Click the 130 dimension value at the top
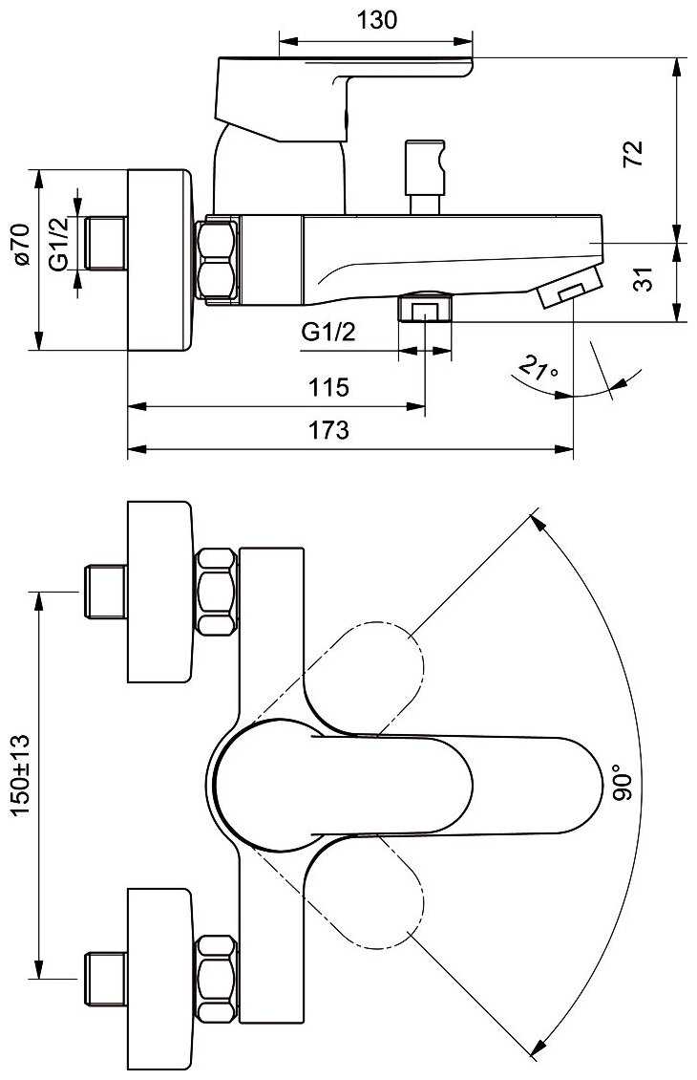click(376, 19)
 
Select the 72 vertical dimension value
click(632, 153)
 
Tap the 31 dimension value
click(643, 279)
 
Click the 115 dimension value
click(328, 387)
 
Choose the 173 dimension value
click(328, 430)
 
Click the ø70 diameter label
click(21, 244)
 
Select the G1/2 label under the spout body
click(328, 332)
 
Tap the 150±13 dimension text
click(21, 775)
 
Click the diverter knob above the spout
click(425, 177)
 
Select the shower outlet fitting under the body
click(425, 307)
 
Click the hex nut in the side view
click(218, 260)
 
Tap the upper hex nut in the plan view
click(217, 591)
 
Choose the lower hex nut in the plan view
click(217, 978)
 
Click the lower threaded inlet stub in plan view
click(105, 979)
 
